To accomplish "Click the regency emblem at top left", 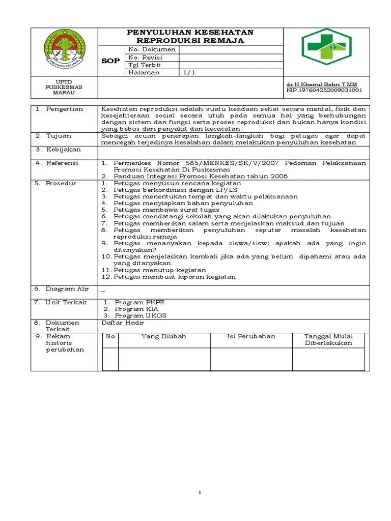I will point(64,50).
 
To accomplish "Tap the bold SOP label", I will point(110,61).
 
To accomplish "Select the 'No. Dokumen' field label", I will point(152,49).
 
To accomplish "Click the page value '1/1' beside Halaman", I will point(189,72).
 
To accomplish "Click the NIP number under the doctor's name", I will point(324,90).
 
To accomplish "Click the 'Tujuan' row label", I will point(59,136).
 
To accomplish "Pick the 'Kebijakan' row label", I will point(62,150).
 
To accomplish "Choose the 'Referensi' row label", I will point(62,163).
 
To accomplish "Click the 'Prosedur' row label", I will point(61,183).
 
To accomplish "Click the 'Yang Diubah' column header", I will point(163,336).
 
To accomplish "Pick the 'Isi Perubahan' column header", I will point(251,336).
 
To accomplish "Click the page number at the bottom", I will point(200,493).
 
